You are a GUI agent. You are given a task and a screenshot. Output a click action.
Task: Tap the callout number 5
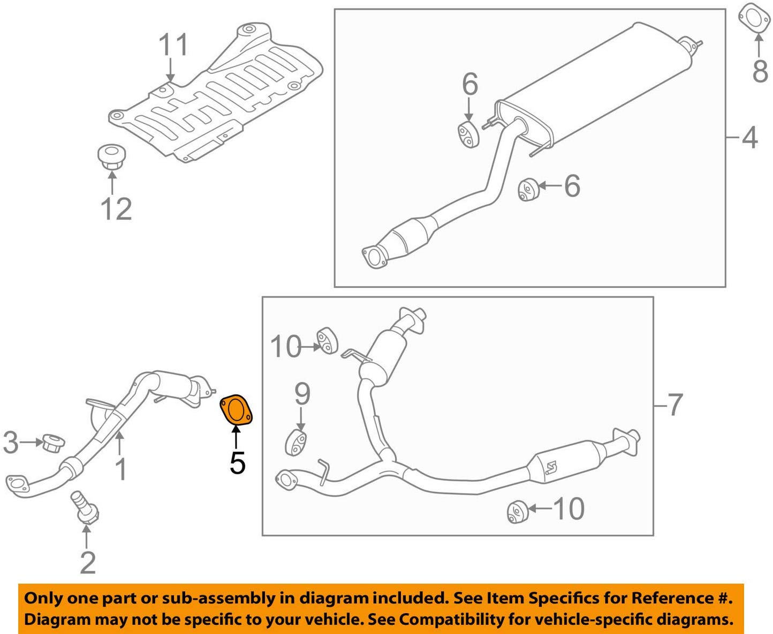tap(237, 463)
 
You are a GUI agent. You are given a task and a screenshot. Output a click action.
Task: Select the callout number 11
tap(173, 44)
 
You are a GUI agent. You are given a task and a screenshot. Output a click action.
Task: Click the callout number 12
tap(116, 208)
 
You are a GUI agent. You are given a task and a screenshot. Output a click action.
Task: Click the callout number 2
tap(88, 562)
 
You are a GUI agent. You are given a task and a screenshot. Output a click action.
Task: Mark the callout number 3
tap(11, 443)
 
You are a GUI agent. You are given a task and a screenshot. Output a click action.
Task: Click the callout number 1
tap(122, 469)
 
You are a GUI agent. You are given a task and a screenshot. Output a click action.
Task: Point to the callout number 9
tap(302, 394)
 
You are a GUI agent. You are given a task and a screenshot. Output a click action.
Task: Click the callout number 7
tap(675, 405)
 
